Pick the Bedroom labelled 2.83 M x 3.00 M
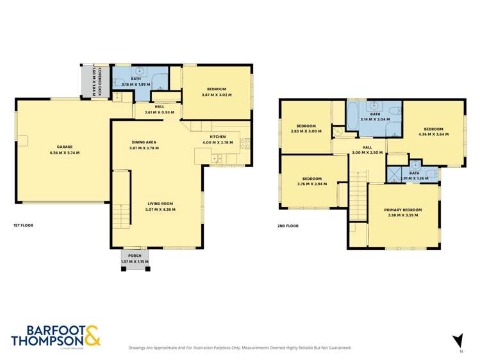[x=305, y=128]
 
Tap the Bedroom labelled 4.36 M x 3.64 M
[x=433, y=131]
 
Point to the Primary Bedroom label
[x=402, y=212]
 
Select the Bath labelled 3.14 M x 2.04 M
[x=374, y=116]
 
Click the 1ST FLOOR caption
[x=24, y=225]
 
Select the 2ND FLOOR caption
[x=288, y=225]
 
